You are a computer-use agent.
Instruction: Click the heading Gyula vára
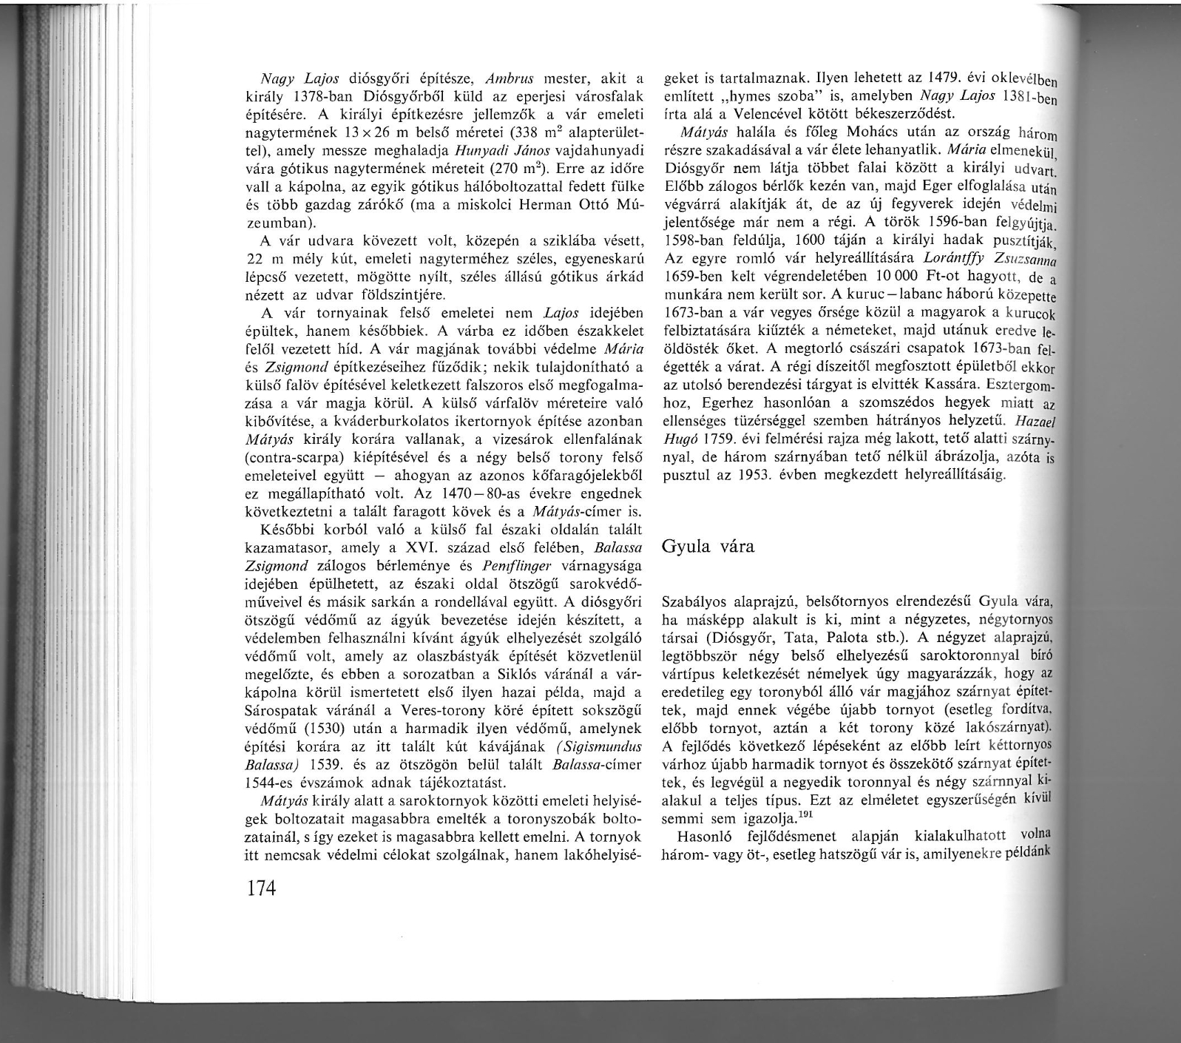(707, 547)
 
